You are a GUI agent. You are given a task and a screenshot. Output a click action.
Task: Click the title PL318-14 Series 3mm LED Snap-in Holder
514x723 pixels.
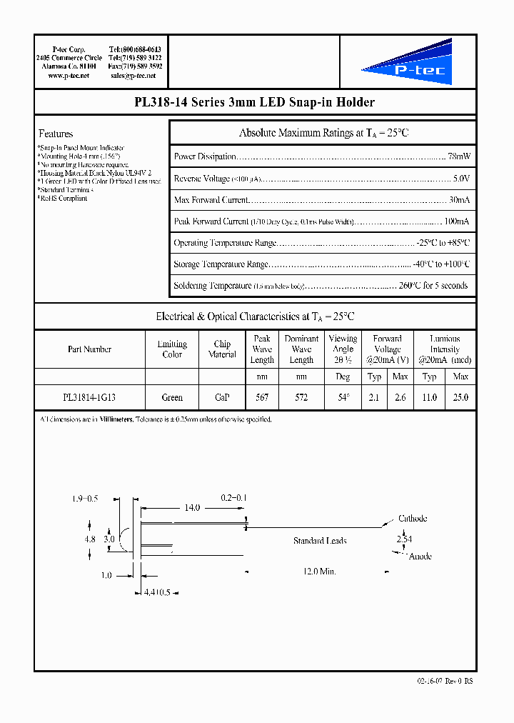[255, 103]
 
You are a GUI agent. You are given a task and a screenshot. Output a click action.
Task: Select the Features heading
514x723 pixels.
[56, 134]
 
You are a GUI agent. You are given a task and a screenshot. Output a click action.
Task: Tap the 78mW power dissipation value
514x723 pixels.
[458, 156]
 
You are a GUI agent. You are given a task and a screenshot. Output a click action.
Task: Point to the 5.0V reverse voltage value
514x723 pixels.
[461, 178]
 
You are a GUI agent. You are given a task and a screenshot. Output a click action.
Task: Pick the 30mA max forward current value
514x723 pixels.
[459, 200]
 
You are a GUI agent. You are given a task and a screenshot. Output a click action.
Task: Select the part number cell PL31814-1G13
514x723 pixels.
[89, 398]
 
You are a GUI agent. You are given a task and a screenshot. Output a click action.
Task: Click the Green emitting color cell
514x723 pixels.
[172, 398]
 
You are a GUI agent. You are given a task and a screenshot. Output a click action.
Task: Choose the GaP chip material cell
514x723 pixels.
[222, 398]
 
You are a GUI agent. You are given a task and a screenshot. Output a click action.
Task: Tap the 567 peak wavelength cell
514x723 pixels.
[262, 398]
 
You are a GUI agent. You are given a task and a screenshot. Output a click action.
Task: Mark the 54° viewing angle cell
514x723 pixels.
[343, 398]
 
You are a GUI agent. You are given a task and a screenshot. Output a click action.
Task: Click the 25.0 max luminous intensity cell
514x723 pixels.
[461, 398]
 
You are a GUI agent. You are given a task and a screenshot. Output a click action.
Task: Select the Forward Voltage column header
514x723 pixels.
[388, 344]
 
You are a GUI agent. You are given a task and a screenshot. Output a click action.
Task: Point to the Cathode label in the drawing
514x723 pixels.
[413, 519]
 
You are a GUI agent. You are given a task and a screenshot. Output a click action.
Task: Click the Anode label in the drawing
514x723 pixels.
[420, 557]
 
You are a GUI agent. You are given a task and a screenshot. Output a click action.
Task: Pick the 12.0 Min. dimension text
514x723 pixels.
[318, 572]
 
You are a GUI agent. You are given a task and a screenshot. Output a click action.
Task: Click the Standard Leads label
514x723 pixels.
[320, 541]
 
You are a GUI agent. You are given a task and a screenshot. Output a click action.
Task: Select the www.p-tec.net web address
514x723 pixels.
[69, 75]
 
